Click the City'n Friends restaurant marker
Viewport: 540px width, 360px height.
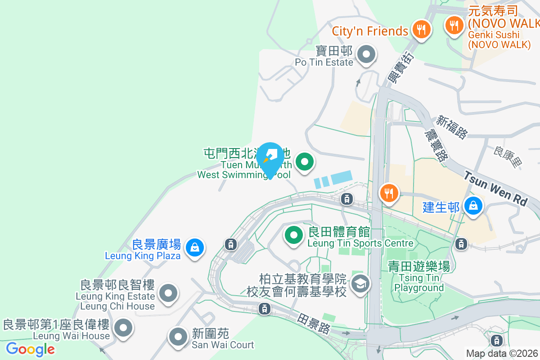[x=421, y=30]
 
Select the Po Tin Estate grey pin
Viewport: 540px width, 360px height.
[x=366, y=55]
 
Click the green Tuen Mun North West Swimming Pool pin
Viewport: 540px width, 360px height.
[x=305, y=161]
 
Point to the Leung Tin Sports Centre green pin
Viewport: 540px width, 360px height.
[x=294, y=234]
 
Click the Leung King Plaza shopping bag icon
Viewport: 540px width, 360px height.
[x=194, y=247]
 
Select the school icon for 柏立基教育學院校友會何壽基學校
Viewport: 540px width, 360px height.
[x=360, y=284]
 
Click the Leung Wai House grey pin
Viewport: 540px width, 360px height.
[x=123, y=328]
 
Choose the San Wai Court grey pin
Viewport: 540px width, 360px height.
[x=178, y=336]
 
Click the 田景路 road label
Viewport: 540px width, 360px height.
[x=314, y=324]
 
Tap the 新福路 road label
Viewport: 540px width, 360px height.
[x=452, y=126]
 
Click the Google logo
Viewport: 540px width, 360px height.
[x=30, y=349]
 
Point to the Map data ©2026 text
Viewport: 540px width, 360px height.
[x=502, y=353]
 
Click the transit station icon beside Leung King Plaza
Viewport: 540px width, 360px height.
[x=230, y=244]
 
